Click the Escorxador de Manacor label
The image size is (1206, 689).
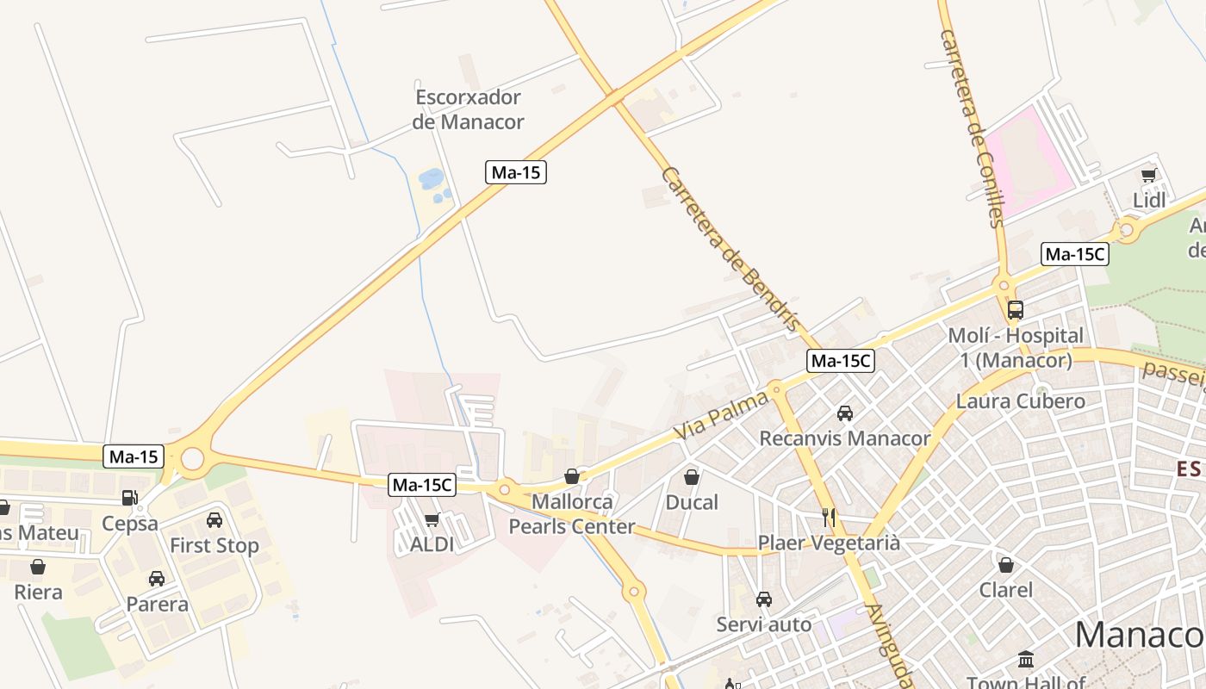[x=468, y=109]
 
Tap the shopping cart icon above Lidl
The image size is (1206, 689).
[x=1148, y=176]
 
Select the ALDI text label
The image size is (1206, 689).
[x=432, y=544]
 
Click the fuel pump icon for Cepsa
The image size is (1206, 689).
[x=129, y=497]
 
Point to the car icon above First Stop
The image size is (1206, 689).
[x=214, y=520]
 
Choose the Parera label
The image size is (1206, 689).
[x=157, y=604]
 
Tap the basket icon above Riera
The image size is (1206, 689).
[x=38, y=567]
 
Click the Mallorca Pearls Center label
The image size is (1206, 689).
[x=572, y=514]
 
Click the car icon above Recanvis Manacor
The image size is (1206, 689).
[x=845, y=413]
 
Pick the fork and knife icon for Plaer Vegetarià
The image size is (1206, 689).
[x=829, y=518]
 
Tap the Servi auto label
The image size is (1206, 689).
[x=764, y=624]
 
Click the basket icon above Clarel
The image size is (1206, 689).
[x=1005, y=565]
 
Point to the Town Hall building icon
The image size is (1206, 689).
[x=1026, y=660]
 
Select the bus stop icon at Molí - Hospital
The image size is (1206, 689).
[x=1016, y=310]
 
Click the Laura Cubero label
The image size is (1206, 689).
[x=1021, y=401]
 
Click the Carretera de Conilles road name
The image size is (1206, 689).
[x=973, y=129]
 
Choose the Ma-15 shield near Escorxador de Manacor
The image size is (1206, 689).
[x=515, y=172]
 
